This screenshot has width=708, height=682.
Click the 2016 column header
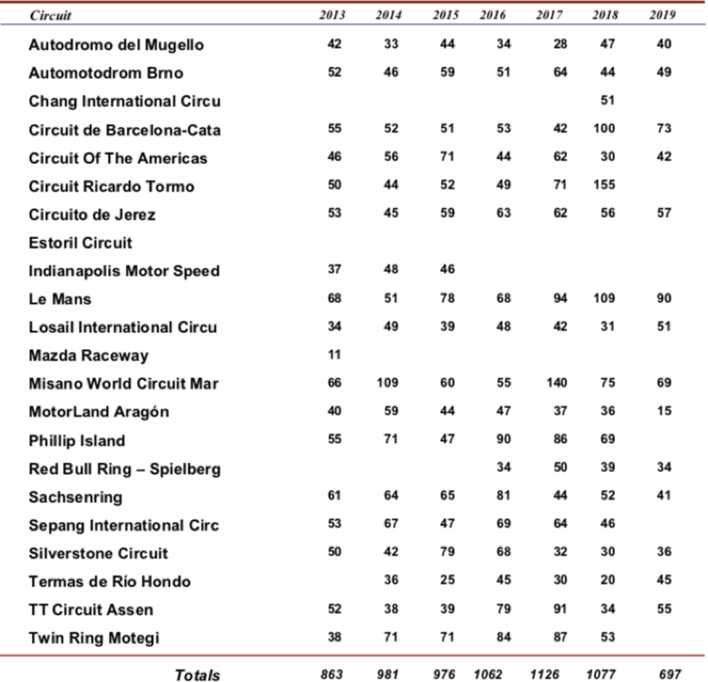pos(490,16)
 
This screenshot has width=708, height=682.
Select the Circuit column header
pos(50,16)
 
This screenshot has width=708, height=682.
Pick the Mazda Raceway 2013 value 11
pos(334,355)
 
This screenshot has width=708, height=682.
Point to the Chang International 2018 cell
pos(607,100)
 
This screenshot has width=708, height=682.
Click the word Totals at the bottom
pos(197,675)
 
